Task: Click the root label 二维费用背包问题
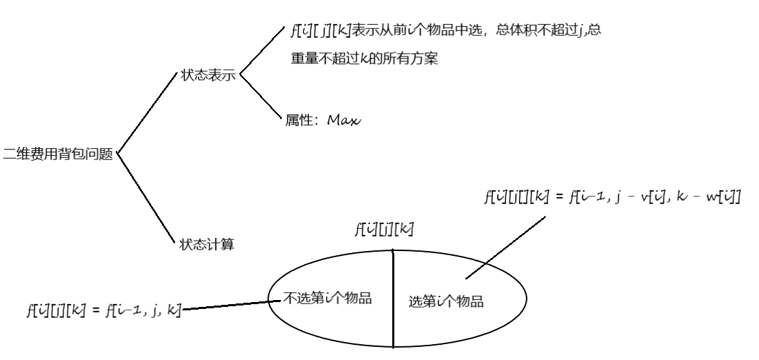pyautogui.click(x=57, y=154)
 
